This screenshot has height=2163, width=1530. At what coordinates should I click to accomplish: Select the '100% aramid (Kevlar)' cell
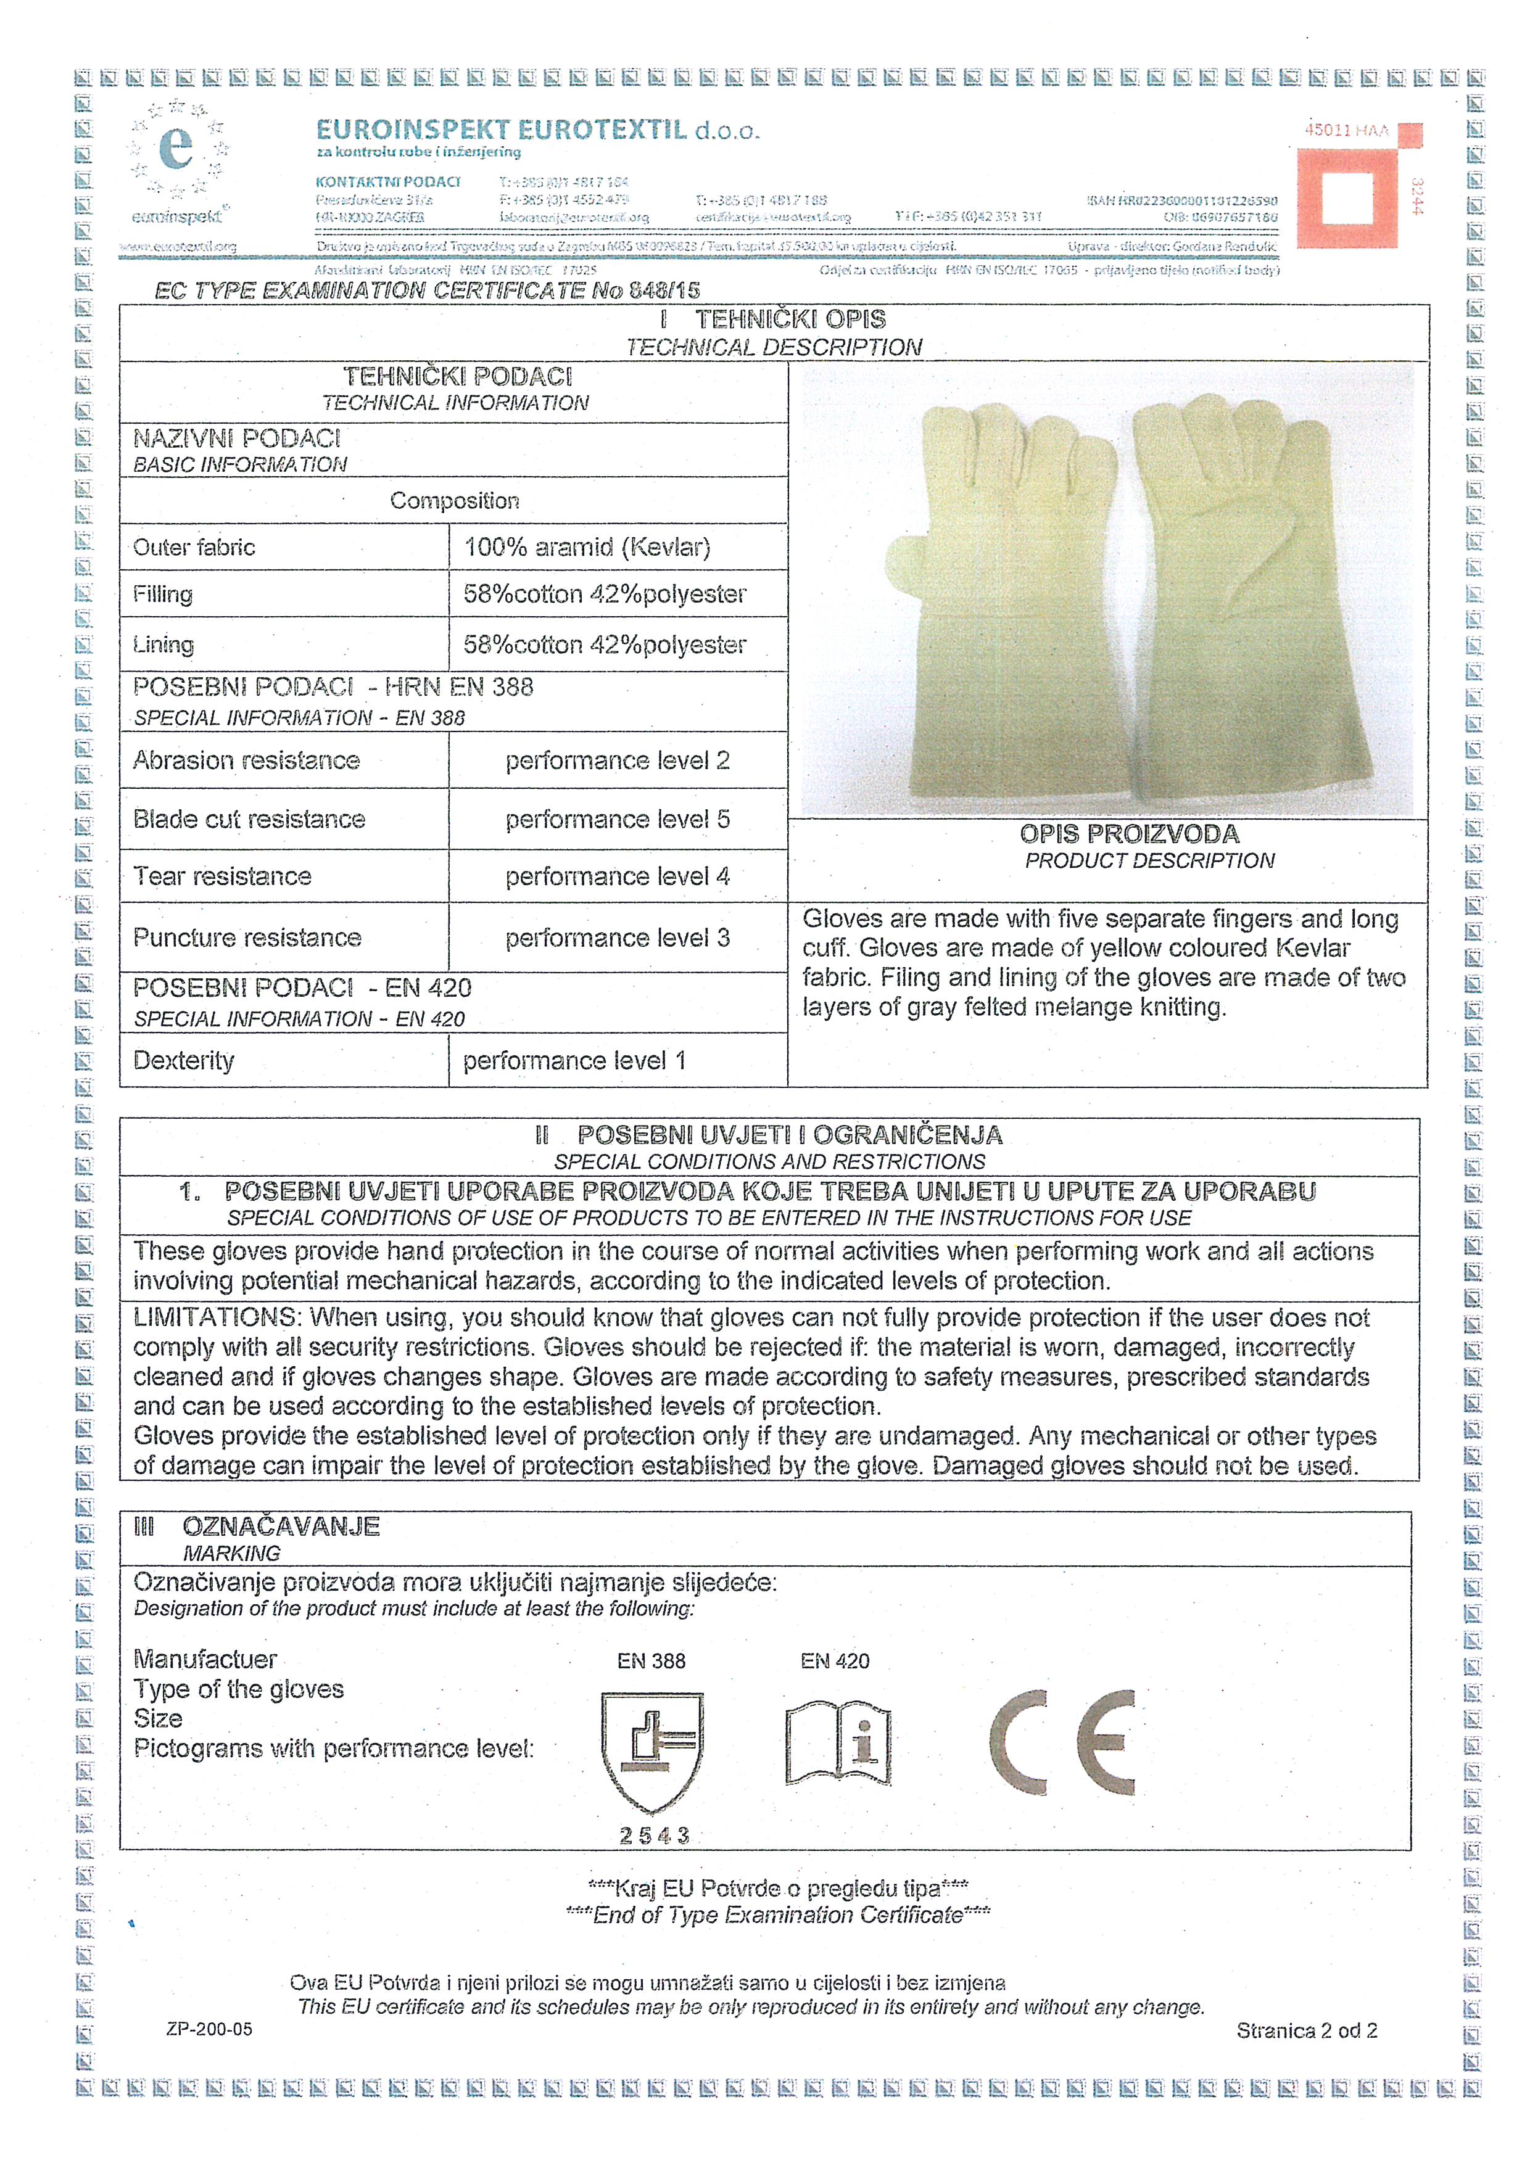(x=587, y=547)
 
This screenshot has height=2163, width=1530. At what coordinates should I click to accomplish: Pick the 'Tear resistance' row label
(x=222, y=876)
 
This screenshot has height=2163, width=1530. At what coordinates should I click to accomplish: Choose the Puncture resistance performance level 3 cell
(x=617, y=938)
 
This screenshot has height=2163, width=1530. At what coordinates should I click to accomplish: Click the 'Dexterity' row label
(x=184, y=1061)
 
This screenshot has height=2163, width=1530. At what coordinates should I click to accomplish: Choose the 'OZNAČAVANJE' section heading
(x=281, y=1526)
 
